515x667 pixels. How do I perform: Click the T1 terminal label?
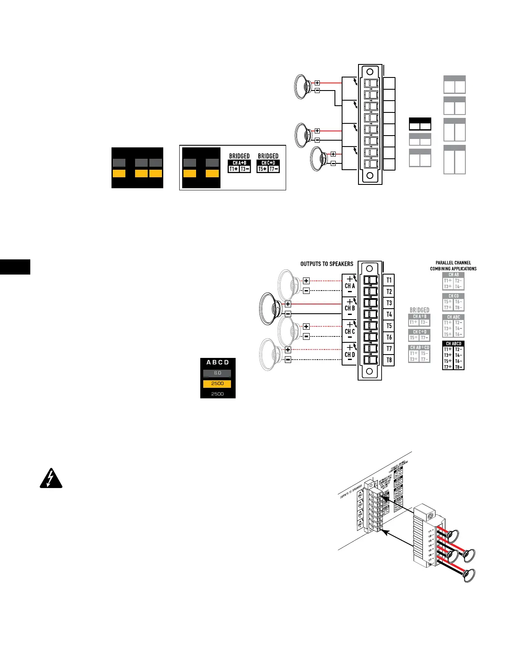(x=389, y=280)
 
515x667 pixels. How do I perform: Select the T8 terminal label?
(x=389, y=360)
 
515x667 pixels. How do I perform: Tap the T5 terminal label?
(x=389, y=326)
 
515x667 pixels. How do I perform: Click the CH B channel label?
(x=350, y=308)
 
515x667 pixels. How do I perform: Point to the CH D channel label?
(x=350, y=355)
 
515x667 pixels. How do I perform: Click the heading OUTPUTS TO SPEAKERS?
(x=327, y=264)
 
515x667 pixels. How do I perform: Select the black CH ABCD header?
(x=454, y=344)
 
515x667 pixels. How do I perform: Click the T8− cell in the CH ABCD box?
(x=459, y=367)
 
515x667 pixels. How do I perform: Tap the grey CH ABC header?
(x=454, y=317)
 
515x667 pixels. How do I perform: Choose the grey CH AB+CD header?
(x=419, y=347)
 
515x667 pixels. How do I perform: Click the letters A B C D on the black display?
(x=218, y=362)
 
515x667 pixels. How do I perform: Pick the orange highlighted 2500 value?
(x=217, y=384)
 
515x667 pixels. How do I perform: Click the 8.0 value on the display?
(x=217, y=373)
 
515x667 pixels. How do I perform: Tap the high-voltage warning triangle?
(x=51, y=479)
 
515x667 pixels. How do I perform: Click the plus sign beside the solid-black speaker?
(x=288, y=304)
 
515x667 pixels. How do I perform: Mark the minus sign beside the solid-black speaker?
(x=288, y=314)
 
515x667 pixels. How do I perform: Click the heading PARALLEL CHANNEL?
(x=453, y=263)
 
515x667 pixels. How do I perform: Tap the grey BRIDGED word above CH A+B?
(x=419, y=310)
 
